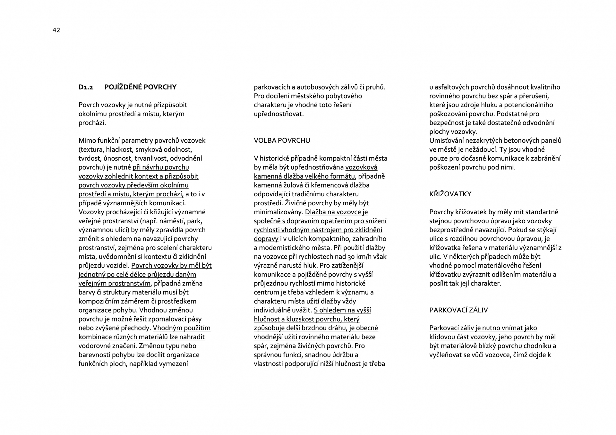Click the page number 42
coord(56,30)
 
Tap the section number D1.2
coord(86,87)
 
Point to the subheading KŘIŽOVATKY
coord(450,194)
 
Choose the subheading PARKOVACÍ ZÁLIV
coord(458,310)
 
